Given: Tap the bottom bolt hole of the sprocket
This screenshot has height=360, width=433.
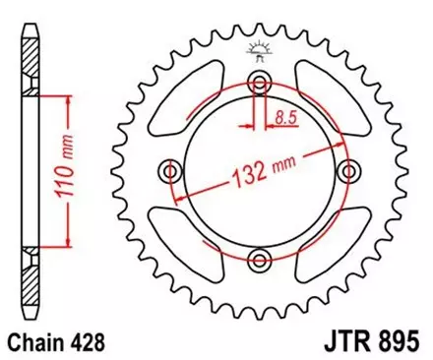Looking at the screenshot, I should [260, 260].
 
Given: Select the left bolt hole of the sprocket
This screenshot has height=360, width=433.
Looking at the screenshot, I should [172, 172].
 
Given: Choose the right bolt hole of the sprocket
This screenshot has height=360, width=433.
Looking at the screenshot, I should [348, 172].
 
